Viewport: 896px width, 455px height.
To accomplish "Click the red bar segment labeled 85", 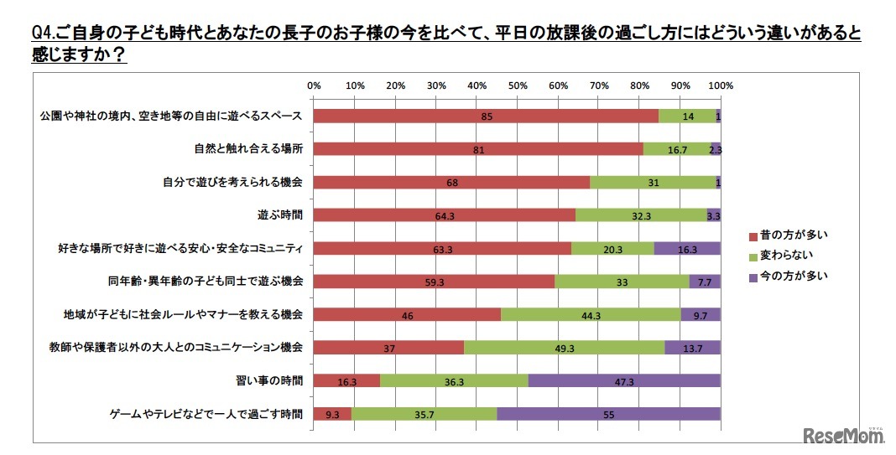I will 486,116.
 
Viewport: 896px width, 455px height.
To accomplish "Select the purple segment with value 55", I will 608,413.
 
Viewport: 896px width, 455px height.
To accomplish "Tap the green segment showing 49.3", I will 564,347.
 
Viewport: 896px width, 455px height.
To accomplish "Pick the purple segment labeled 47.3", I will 624,380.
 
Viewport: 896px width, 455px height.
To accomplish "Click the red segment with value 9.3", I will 332,413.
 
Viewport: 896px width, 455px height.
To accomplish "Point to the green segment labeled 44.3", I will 591,314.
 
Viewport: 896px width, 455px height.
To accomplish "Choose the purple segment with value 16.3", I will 687,248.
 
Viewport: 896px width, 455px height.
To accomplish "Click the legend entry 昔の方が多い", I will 786,235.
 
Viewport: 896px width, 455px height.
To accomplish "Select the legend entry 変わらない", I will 781,255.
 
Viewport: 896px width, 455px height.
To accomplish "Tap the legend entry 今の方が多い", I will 786,275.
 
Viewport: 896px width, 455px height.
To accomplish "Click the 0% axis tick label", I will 314,85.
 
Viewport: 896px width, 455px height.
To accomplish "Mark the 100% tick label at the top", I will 721,85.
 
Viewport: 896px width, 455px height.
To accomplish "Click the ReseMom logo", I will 844,435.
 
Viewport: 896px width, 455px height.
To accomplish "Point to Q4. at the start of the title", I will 43,34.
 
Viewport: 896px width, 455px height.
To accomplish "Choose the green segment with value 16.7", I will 676,149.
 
